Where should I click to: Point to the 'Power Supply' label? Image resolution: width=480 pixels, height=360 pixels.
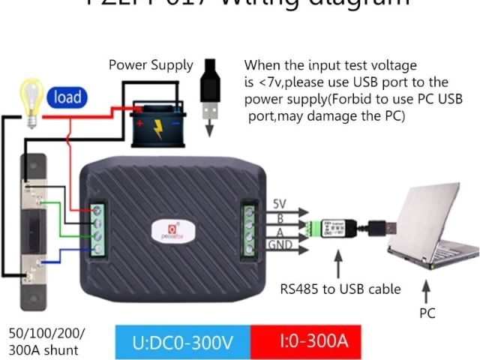151,65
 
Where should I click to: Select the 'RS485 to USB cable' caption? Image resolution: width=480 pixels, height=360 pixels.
340,289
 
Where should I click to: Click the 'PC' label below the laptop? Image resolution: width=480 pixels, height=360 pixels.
427,313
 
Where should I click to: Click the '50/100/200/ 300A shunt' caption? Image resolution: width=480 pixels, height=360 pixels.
46,340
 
